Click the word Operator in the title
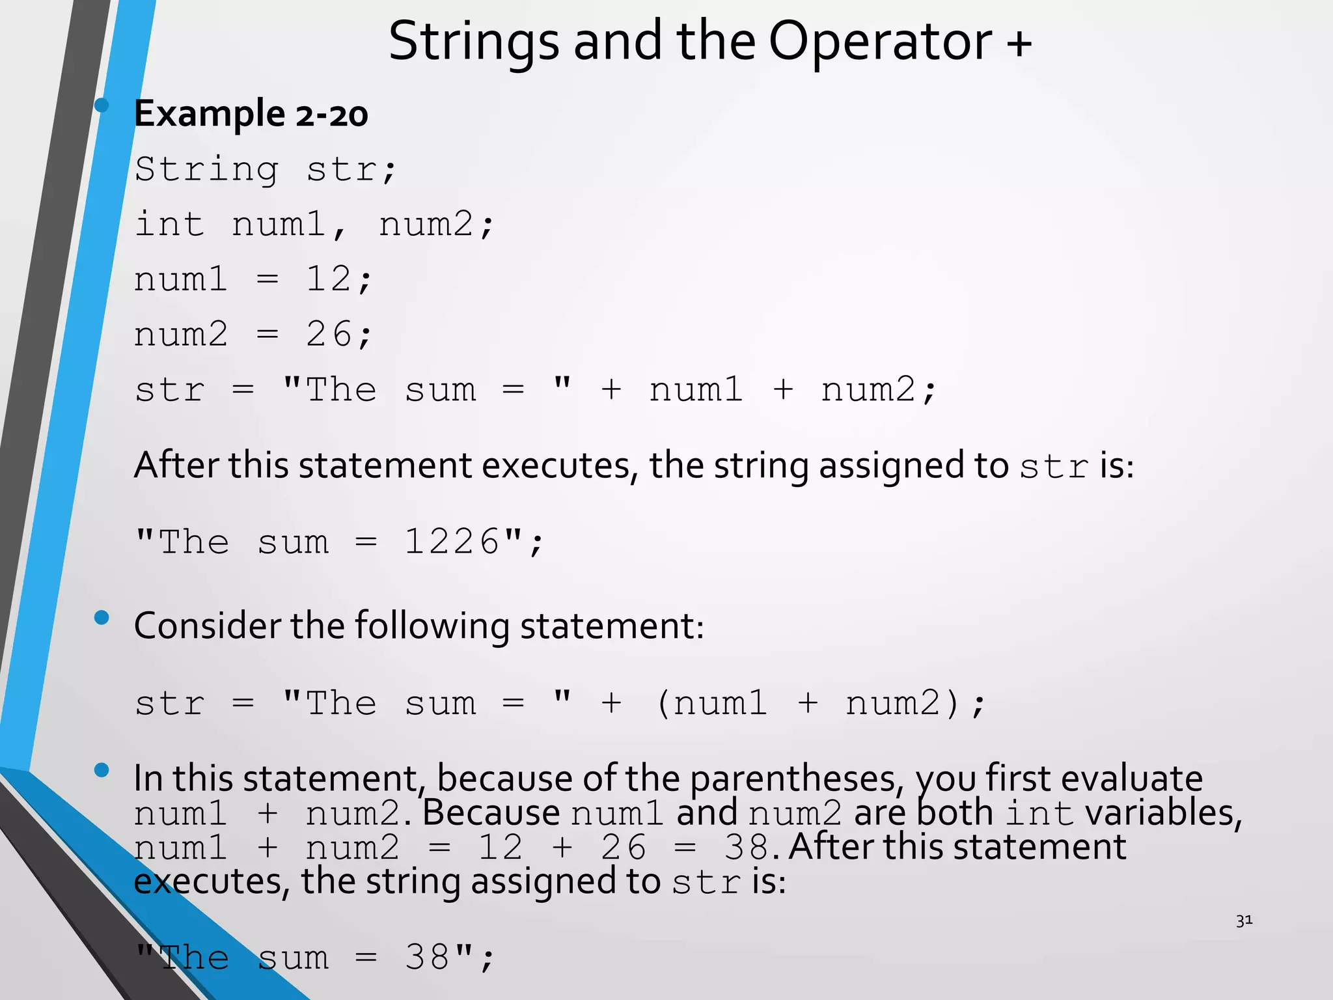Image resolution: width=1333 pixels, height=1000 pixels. [x=880, y=42]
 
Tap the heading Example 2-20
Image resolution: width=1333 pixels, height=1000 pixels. [x=251, y=114]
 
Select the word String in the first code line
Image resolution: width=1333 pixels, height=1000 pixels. [x=207, y=170]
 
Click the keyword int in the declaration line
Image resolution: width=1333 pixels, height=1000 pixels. [x=169, y=225]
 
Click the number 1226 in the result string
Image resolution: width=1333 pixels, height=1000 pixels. [x=452, y=542]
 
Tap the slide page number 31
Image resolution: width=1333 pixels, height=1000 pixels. [x=1244, y=921]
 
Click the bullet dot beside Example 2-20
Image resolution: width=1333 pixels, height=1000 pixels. [x=102, y=105]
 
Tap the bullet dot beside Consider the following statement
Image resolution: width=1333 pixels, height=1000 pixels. [x=102, y=617]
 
